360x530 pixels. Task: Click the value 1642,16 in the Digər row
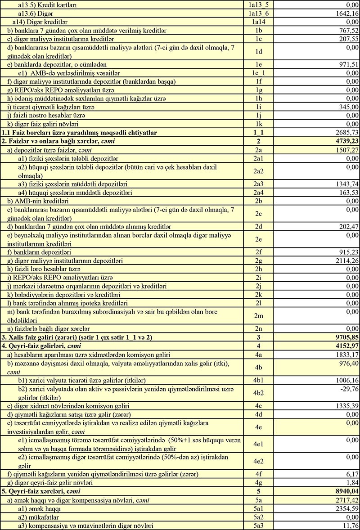tap(346, 14)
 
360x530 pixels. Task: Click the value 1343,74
tap(346, 184)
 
